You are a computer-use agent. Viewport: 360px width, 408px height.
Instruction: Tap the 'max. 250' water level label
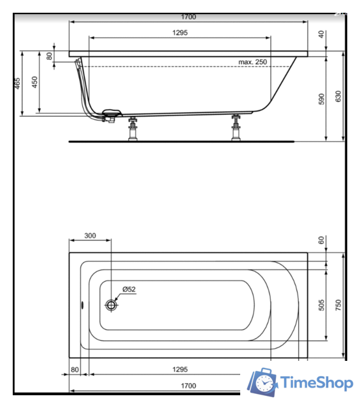pyautogui.click(x=253, y=62)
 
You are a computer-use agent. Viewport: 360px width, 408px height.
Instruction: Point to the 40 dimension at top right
pyautogui.click(x=320, y=34)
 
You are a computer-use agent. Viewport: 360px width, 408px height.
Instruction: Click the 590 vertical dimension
pyautogui.click(x=322, y=99)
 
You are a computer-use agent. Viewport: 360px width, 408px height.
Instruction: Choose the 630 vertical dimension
pyautogui.click(x=338, y=96)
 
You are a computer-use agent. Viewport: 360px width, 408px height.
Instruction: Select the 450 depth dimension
pyautogui.click(x=35, y=83)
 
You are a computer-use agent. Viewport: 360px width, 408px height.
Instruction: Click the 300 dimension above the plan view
pyautogui.click(x=90, y=236)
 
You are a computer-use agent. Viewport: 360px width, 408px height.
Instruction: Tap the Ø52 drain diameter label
pyautogui.click(x=129, y=289)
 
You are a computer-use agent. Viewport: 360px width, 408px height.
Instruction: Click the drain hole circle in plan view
pyautogui.click(x=112, y=305)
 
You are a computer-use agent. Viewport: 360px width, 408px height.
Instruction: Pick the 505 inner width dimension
pyautogui.click(x=322, y=305)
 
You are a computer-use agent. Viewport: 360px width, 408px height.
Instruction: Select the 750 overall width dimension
pyautogui.click(x=338, y=305)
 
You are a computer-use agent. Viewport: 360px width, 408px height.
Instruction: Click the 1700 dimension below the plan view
pyautogui.click(x=188, y=386)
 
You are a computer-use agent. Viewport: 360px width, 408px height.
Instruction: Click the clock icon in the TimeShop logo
pyautogui.click(x=263, y=382)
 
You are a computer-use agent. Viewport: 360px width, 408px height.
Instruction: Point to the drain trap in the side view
pyautogui.click(x=107, y=115)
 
